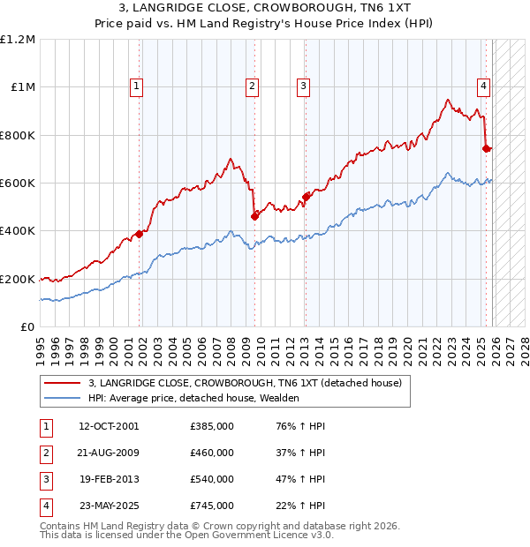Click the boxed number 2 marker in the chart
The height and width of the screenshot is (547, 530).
click(x=252, y=86)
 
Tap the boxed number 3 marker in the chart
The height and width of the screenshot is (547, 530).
click(x=303, y=86)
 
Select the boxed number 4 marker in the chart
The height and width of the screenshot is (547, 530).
click(x=484, y=86)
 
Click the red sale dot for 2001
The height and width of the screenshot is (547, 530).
click(x=139, y=234)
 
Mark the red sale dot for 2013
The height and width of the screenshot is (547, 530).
click(x=305, y=197)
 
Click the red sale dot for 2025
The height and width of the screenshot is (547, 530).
click(x=486, y=148)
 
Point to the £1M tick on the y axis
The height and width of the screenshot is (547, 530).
click(x=23, y=87)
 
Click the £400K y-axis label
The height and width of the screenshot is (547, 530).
click(x=19, y=231)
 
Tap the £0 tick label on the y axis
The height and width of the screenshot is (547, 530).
click(x=27, y=327)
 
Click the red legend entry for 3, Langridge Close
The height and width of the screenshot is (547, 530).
click(x=245, y=383)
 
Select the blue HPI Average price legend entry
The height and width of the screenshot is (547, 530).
click(x=193, y=398)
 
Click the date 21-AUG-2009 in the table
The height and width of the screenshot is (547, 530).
click(x=109, y=453)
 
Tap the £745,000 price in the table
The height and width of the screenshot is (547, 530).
click(x=211, y=506)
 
